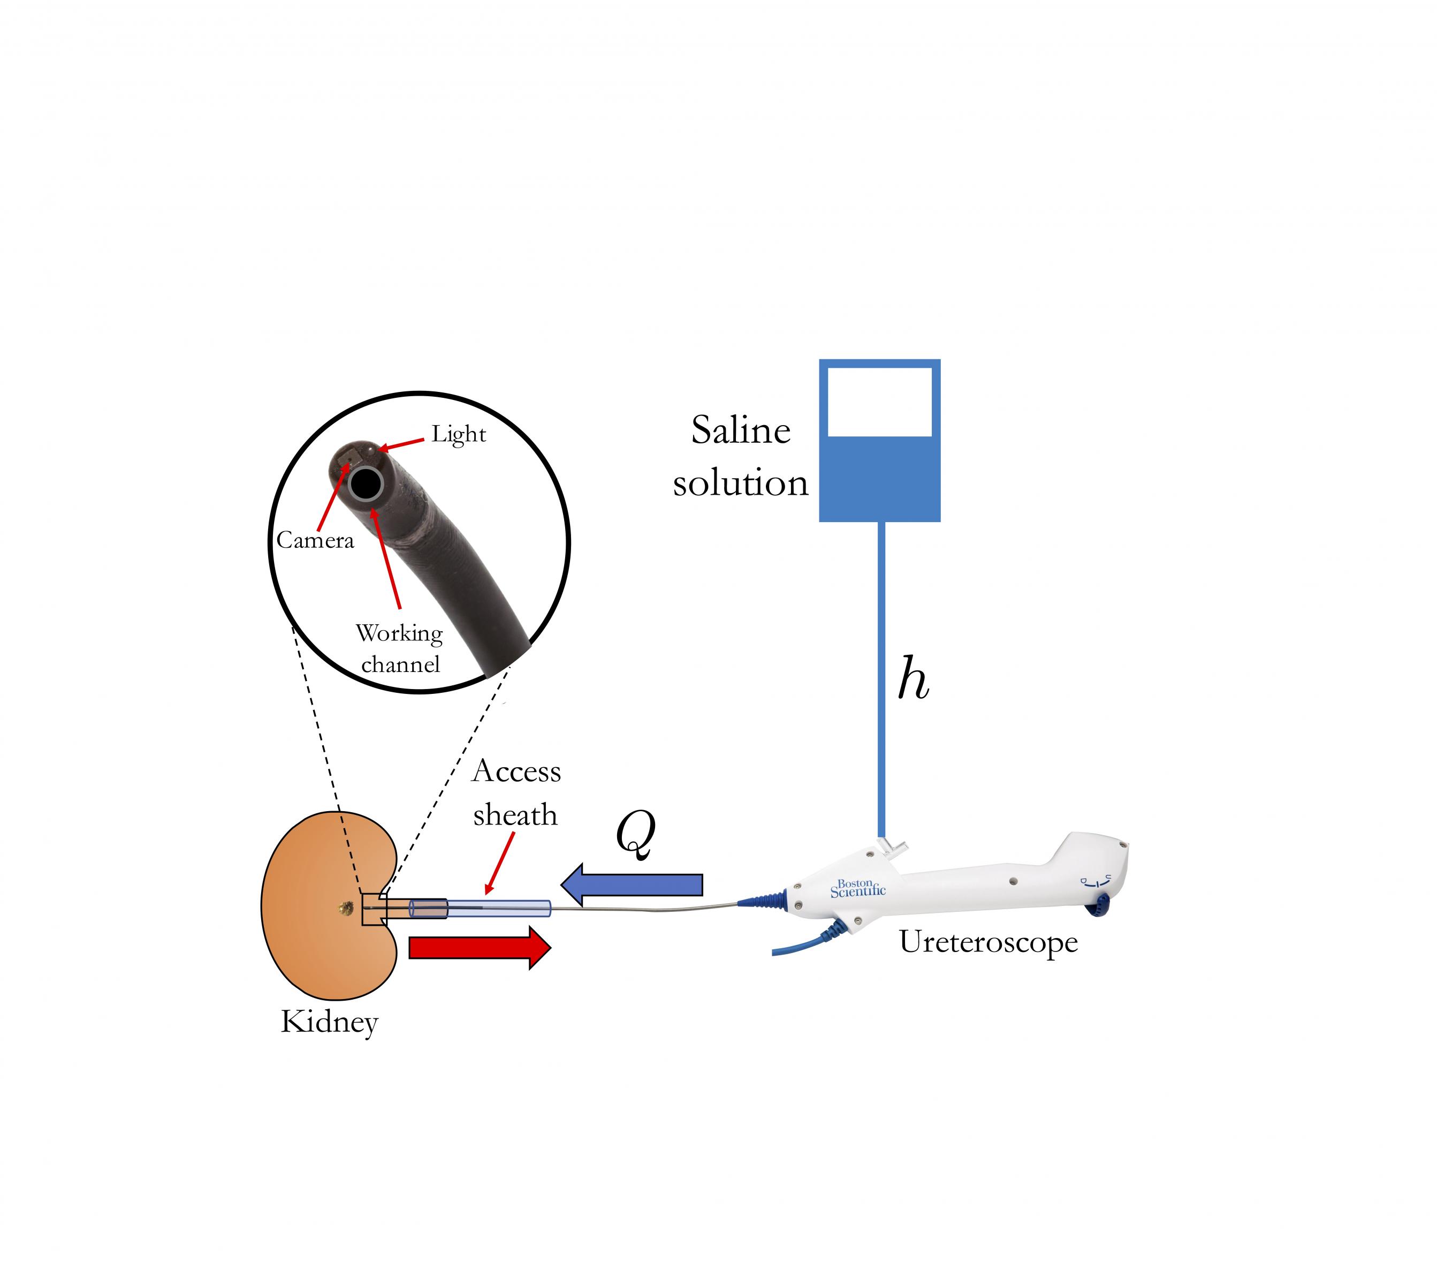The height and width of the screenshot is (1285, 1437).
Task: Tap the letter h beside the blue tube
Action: point(913,678)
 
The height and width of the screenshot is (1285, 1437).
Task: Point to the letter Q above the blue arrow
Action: point(636,835)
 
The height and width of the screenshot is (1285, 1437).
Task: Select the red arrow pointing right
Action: point(480,948)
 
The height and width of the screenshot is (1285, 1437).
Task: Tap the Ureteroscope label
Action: point(988,942)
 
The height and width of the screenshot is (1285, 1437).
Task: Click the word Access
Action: point(516,771)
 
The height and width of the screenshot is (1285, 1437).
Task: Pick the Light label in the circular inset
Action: point(459,434)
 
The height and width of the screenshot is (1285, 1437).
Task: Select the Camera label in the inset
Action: point(315,540)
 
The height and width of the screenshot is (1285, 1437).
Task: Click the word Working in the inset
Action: point(399,634)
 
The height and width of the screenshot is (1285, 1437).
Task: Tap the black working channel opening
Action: point(366,485)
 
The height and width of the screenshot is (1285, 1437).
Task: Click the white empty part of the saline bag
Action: point(879,402)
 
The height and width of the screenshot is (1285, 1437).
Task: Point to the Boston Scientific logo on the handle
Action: point(857,888)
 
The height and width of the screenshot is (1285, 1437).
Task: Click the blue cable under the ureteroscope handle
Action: point(812,940)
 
